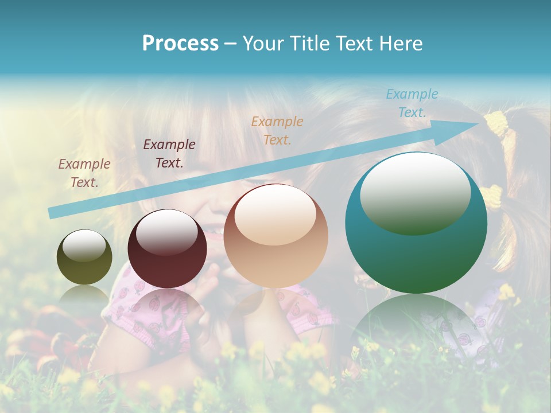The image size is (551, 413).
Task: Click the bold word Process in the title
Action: click(x=180, y=43)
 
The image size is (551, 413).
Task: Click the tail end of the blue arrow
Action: click(x=52, y=213)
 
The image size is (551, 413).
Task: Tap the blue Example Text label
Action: click(x=412, y=103)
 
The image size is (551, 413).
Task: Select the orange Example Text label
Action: click(x=277, y=130)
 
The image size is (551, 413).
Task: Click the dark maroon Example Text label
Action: click(x=169, y=153)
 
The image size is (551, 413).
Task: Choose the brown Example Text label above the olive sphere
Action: click(x=84, y=173)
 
